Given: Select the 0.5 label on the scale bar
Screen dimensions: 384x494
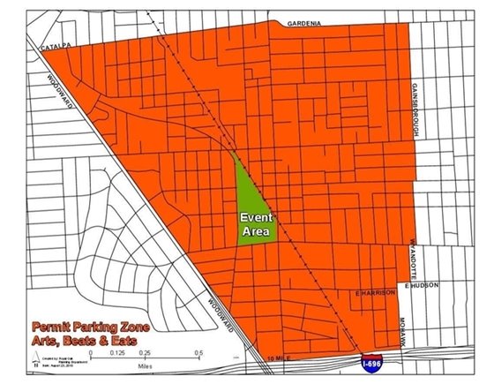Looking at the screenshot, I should (x=199, y=351).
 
